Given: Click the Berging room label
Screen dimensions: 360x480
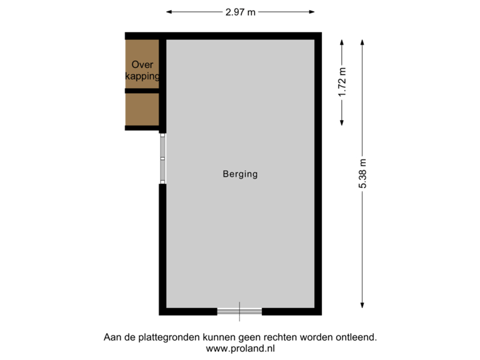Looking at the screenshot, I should pyautogui.click(x=240, y=175).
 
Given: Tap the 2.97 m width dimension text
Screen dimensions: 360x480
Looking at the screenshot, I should pyautogui.click(x=240, y=11).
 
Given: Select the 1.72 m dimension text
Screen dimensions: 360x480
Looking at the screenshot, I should pyautogui.click(x=343, y=83).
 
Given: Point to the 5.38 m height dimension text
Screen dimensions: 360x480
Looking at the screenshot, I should pyautogui.click(x=363, y=174).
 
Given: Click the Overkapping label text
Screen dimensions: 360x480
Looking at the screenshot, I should pyautogui.click(x=143, y=71).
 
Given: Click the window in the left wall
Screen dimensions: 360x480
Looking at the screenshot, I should pyautogui.click(x=161, y=158).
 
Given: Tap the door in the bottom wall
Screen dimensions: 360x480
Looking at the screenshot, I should pyautogui.click(x=240, y=312).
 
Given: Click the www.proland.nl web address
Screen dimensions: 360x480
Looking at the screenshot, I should pyautogui.click(x=240, y=348).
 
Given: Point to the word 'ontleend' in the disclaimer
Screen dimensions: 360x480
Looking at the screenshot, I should pyautogui.click(x=358, y=337).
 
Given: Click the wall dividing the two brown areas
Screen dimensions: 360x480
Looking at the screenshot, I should pyautogui.click(x=142, y=90).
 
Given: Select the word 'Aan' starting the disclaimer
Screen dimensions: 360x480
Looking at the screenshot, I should pyautogui.click(x=111, y=337).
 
